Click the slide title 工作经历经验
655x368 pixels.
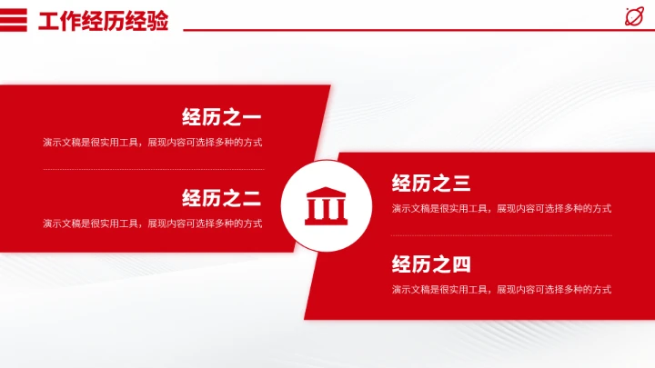(104, 21)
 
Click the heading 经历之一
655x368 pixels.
(221, 116)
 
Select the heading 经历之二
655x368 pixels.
(221, 197)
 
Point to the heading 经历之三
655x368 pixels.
(431, 184)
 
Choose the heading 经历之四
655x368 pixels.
(431, 264)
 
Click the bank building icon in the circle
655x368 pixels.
(326, 206)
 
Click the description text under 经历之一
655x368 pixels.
(153, 143)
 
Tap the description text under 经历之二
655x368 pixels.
(153, 224)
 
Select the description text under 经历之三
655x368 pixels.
(501, 209)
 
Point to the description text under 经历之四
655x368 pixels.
(501, 290)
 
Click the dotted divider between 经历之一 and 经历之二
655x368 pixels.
(153, 169)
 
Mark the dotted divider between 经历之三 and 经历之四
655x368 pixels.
(501, 235)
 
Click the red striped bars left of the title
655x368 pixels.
(14, 20)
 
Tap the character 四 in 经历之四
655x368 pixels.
(461, 264)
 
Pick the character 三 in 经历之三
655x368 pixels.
(461, 184)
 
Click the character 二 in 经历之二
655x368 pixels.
(252, 197)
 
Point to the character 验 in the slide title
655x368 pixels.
(158, 21)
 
